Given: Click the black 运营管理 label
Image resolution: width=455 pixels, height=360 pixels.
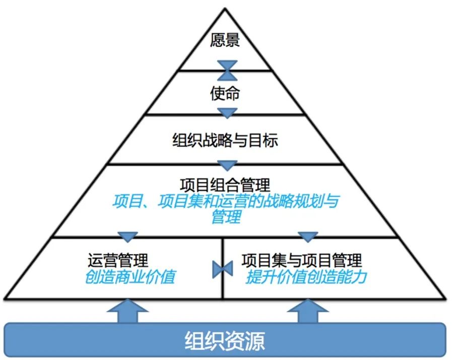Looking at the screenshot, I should [x=118, y=260].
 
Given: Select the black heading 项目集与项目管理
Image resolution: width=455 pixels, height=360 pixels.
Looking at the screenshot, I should [x=302, y=260].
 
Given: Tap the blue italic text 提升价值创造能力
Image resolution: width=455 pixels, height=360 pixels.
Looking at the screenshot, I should [x=306, y=277].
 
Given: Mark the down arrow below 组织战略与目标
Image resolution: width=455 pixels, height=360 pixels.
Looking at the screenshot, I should [x=227, y=165].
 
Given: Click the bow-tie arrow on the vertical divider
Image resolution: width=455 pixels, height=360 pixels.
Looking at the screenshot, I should [x=222, y=268].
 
